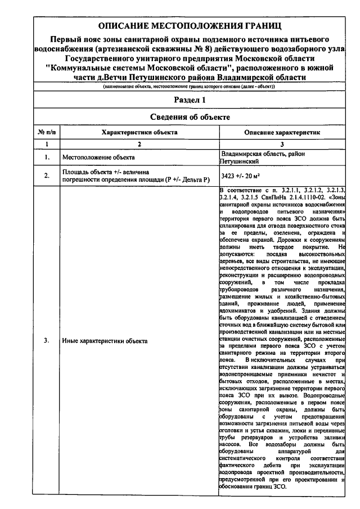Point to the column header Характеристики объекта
pyautogui.click(x=139, y=132)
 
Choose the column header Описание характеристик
pyautogui.click(x=282, y=132)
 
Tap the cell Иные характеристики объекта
pyautogui.click(x=105, y=341)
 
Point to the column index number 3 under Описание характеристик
pyautogui.click(x=282, y=145)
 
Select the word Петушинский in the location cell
pyautogui.click(x=238, y=161)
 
